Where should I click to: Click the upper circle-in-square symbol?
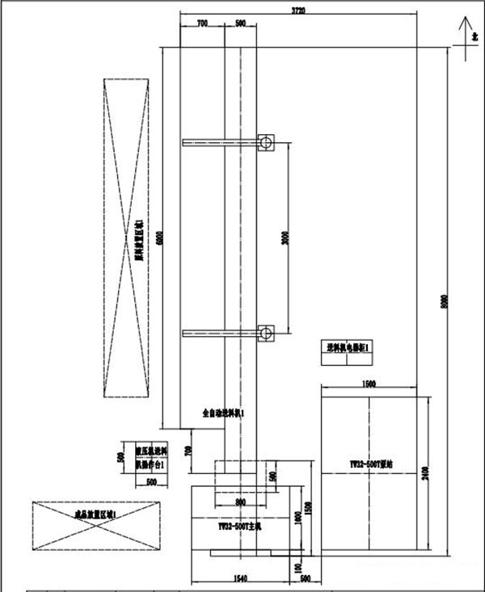pyautogui.click(x=265, y=143)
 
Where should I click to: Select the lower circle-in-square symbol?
pyautogui.click(x=265, y=332)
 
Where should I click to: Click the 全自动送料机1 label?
pyautogui.click(x=223, y=414)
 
